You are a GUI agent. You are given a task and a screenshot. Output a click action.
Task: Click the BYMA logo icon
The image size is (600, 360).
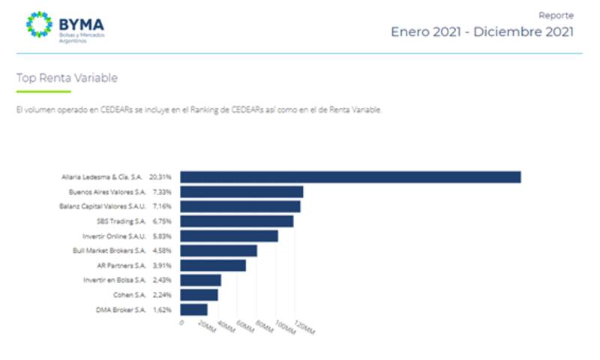[39, 25]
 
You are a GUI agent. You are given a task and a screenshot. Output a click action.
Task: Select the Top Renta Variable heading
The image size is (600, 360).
[67, 78]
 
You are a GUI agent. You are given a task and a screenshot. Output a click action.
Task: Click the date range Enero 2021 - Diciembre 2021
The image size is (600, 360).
[481, 31]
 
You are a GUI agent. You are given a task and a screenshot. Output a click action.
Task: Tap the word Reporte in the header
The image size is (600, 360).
[556, 15]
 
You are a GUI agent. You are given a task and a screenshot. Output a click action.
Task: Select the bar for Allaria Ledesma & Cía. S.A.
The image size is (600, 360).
[350, 177]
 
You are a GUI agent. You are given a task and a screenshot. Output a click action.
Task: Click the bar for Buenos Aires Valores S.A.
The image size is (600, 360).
[241, 192]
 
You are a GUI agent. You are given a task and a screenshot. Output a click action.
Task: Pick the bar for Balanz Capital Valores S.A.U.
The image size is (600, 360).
[240, 206]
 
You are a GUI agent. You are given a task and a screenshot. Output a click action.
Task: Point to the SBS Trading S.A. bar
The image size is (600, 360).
[237, 221]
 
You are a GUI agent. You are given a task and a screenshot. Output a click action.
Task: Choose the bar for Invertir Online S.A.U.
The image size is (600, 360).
[229, 235]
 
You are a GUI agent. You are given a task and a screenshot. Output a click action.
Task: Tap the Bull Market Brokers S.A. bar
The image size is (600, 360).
[219, 250]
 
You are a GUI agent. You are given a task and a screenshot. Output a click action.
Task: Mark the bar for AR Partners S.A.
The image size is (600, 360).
[213, 265]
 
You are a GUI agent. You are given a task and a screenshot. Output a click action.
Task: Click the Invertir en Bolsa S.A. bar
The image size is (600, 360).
[201, 280]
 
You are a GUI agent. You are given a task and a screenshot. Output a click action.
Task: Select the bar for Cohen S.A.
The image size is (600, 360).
[199, 295]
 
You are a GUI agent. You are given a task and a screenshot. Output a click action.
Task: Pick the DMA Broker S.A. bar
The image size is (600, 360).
[194, 309]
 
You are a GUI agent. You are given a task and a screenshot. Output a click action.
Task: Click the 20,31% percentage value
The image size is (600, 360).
[160, 178]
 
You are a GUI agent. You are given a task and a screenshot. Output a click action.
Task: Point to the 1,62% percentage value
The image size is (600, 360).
[160, 310]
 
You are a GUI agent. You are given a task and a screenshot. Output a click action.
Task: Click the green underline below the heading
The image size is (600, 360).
[43, 91]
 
